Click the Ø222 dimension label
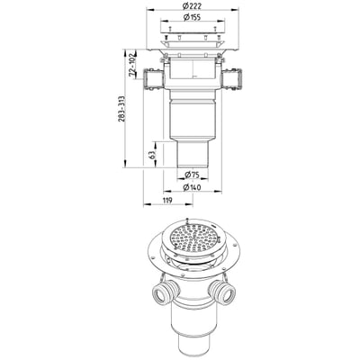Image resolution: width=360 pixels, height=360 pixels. coord(193,5)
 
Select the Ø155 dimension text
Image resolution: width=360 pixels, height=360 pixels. coord(192,17)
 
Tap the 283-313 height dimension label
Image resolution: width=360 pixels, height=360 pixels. coord(121,109)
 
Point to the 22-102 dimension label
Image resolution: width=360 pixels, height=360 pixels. coord(131,66)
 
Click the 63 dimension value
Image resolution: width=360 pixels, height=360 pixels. coord(152,155)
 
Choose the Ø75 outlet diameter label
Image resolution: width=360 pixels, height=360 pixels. coord(192,174)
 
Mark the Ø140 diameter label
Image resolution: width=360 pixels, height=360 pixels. coord(192,187)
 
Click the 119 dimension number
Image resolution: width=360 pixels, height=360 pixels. coord(167,200)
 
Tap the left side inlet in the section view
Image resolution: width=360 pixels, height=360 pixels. coord(154,79)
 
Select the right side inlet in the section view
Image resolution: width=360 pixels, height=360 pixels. coord(231,79)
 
